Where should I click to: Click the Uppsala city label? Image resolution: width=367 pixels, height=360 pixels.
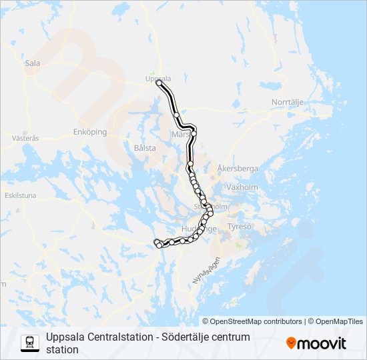pos(158,78)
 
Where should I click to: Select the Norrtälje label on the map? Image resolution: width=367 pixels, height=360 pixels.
pos(288,101)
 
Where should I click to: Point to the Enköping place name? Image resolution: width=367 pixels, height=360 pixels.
pos(90,132)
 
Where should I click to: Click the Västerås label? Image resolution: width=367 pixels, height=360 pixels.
pos(26,138)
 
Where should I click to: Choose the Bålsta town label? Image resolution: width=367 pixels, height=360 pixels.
pos(145,148)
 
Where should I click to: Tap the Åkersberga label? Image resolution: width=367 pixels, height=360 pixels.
pos(238,169)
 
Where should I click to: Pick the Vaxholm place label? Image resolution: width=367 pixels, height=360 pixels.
pos(242,188)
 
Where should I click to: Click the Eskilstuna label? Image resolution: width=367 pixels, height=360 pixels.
pos(20,196)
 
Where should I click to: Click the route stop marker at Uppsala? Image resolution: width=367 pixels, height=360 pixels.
pos(159,83)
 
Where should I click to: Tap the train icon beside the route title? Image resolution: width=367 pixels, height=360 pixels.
pos(30,343)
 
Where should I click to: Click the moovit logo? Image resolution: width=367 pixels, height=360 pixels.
pos(316,343)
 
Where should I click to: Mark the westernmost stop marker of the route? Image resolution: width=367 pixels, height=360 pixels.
pos(156,242)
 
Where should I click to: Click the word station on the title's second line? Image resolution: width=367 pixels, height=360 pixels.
pos(62,349)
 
